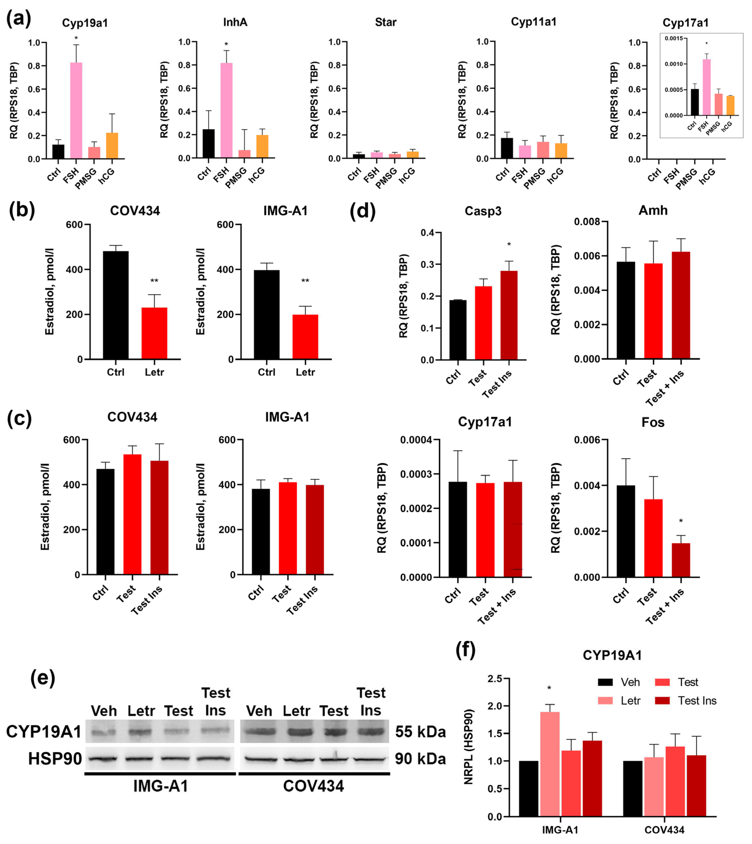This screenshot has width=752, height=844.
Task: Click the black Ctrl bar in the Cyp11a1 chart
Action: (507, 148)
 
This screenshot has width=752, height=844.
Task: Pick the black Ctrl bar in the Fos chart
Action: (626, 531)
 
